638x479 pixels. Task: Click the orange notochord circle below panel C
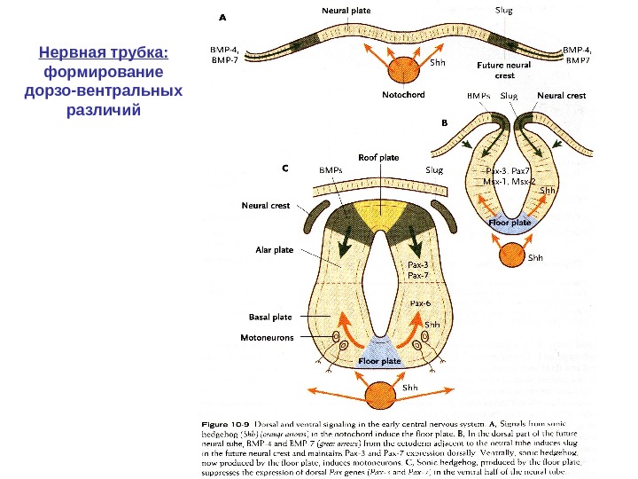379,393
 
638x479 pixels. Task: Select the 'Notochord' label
403,94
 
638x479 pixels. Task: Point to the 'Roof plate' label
378,156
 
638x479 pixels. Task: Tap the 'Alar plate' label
274,250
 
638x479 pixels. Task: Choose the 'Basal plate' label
271,316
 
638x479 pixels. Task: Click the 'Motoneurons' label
268,337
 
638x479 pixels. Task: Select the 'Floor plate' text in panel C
379,361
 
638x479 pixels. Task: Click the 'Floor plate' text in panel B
510,224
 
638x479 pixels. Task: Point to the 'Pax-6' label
420,302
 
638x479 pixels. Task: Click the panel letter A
222,15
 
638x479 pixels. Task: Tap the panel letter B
445,123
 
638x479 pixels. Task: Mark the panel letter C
285,166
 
